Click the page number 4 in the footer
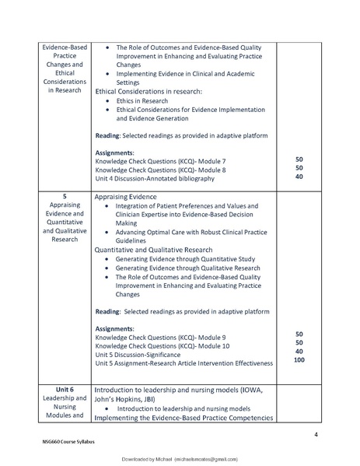click(316, 433)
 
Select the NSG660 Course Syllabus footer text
click(68, 441)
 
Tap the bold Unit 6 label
click(65, 389)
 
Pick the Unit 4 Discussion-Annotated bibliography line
click(155, 178)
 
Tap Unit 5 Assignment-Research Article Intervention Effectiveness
click(184, 363)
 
